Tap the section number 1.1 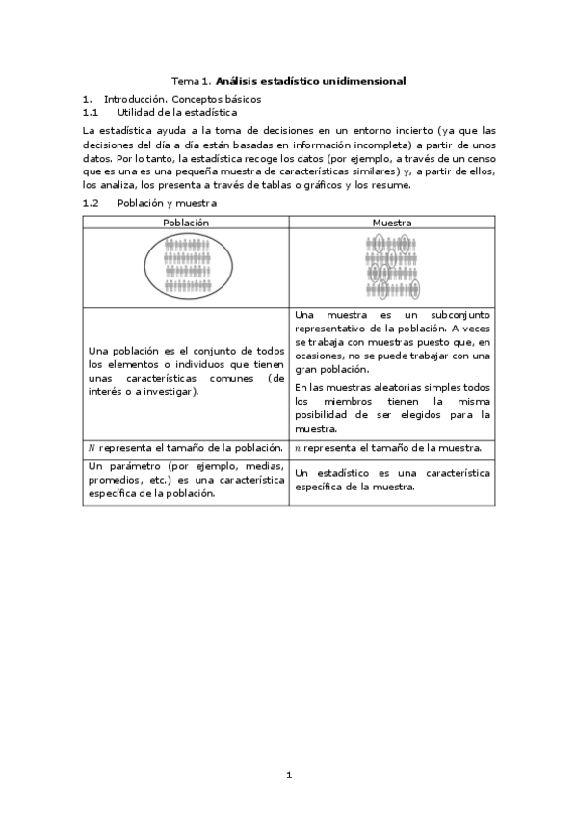pyautogui.click(x=91, y=112)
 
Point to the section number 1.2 pyautogui.click(x=91, y=203)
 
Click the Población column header pyautogui.click(x=185, y=222)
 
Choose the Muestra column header pyautogui.click(x=391, y=222)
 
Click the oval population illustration pyautogui.click(x=185, y=267)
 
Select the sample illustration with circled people pyautogui.click(x=391, y=267)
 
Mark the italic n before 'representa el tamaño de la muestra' pyautogui.click(x=297, y=448)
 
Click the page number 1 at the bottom pyautogui.click(x=289, y=775)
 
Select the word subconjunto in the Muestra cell pyautogui.click(x=459, y=315)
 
